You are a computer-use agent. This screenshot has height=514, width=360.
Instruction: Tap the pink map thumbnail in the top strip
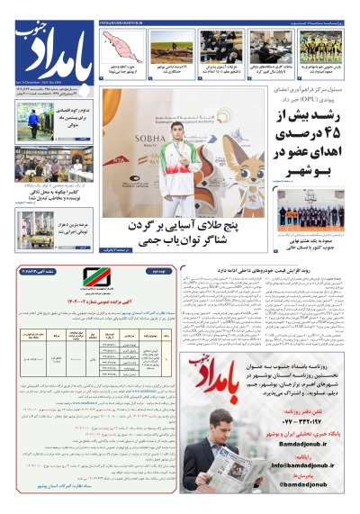coord(122,43)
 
